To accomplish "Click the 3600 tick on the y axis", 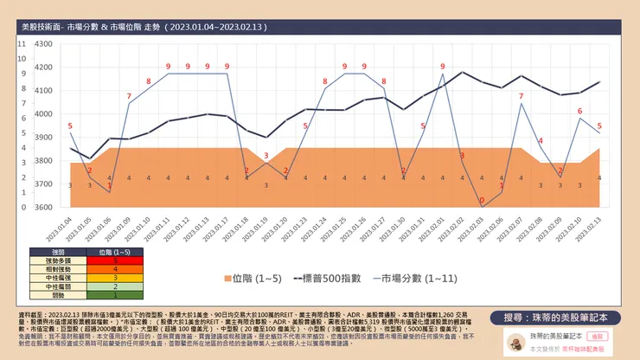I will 43,207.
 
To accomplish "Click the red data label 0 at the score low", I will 482,201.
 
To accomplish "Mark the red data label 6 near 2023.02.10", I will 579,112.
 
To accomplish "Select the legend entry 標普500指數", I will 333,279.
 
